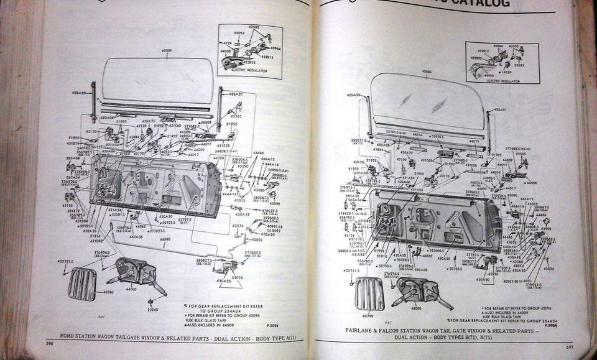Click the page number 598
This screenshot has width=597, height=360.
(49, 343)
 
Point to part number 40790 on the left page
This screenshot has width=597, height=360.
(108, 292)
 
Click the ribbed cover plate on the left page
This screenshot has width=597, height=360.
(81, 283)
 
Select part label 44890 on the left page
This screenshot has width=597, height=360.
(165, 239)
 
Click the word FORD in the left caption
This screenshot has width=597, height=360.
(68, 336)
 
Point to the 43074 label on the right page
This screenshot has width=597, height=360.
(548, 269)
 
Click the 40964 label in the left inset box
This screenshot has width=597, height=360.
(276, 48)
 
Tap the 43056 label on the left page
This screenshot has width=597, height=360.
(238, 277)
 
